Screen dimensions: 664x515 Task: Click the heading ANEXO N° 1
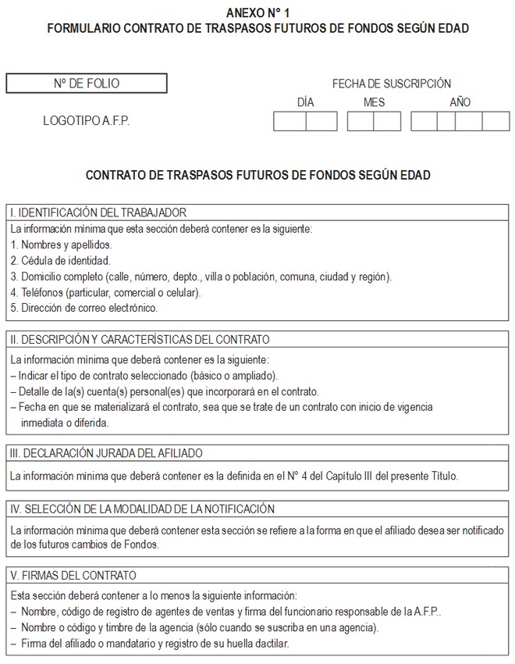click(x=257, y=13)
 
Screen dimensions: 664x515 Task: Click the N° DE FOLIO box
click(x=87, y=83)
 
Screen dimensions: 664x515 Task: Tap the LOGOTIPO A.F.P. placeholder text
click(x=87, y=121)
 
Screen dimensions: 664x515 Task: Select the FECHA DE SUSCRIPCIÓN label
click(x=391, y=84)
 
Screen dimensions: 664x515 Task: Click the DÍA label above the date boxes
click(x=306, y=102)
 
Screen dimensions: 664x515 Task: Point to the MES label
click(x=375, y=102)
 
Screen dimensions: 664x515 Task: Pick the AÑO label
click(x=460, y=102)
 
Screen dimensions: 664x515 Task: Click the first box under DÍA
click(x=289, y=122)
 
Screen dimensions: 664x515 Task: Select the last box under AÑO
click(x=495, y=122)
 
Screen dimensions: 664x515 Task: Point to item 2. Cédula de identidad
click(x=61, y=260)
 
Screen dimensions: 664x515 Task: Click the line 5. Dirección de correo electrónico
click(x=84, y=308)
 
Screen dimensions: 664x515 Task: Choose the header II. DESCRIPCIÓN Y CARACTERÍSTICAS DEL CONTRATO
click(x=140, y=340)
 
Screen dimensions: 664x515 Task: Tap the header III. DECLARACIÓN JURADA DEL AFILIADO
click(x=106, y=453)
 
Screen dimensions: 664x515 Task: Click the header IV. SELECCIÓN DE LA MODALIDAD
click(x=142, y=509)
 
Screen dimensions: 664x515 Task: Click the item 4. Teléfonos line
click(x=105, y=292)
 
